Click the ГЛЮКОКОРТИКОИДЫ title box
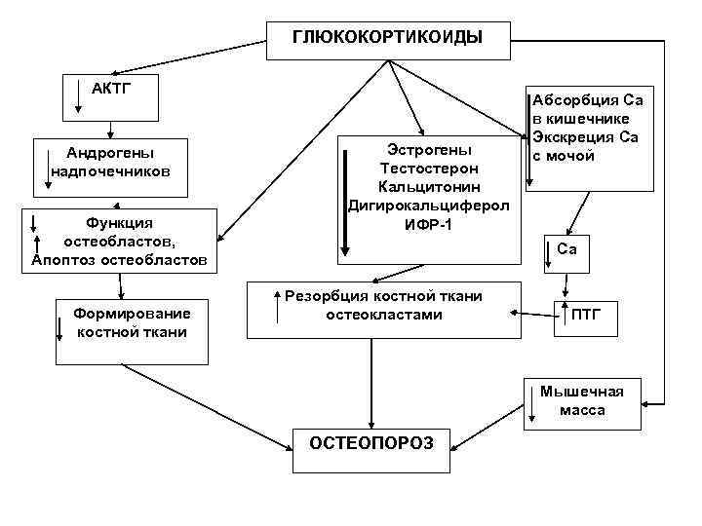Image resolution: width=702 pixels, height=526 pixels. tap(387, 39)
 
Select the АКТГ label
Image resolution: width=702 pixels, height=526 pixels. tap(110, 88)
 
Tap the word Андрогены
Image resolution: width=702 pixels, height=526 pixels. tap(110, 153)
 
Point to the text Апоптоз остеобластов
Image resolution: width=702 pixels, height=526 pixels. tap(119, 260)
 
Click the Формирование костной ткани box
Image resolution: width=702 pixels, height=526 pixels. tap(132, 322)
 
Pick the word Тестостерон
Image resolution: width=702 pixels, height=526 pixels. tap(429, 168)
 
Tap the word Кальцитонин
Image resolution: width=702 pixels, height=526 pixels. tap(429, 186)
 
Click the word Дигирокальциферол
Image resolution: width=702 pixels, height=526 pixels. tap(429, 206)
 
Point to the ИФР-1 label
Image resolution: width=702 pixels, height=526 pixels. tap(429, 226)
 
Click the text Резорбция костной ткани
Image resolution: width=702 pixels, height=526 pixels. tap(383, 295)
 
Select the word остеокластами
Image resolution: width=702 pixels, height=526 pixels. tap(383, 315)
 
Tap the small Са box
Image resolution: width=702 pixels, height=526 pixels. tap(566, 250)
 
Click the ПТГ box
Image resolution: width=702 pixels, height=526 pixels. tap(586, 315)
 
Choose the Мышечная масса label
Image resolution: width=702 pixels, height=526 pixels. tap(582, 401)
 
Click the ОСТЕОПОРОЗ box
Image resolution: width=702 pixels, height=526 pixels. tap(371, 443)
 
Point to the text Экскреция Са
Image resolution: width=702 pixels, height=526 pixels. tap(584, 136)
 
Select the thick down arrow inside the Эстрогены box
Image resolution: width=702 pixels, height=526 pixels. tap(344, 200)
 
